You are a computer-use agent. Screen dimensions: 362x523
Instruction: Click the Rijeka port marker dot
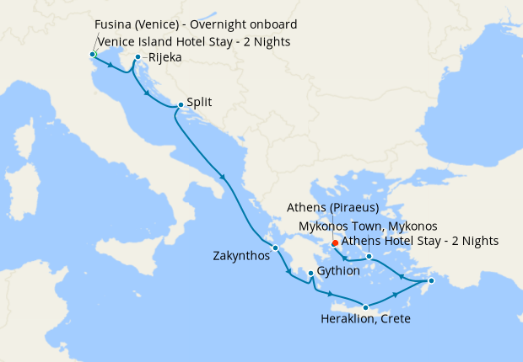pyautogui.click(x=137, y=58)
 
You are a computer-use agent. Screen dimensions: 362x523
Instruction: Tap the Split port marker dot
pyautogui.click(x=181, y=105)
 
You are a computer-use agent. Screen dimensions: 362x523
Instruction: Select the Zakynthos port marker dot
pyautogui.click(x=275, y=248)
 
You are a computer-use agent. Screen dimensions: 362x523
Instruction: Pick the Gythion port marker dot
pyautogui.click(x=311, y=274)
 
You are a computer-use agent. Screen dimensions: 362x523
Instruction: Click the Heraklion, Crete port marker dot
pyautogui.click(x=365, y=307)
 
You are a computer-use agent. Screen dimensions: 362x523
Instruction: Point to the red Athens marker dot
pyautogui.click(x=335, y=243)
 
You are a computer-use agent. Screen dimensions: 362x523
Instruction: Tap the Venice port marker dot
pyautogui.click(x=92, y=54)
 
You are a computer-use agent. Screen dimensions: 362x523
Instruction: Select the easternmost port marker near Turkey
pyautogui.click(x=430, y=281)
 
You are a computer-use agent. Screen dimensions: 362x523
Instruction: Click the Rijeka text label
pyautogui.click(x=164, y=58)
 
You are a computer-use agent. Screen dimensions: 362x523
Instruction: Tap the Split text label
pyautogui.click(x=199, y=103)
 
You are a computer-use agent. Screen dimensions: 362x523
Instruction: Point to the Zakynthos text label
pyautogui.click(x=240, y=256)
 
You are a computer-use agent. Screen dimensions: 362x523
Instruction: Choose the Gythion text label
pyautogui.click(x=339, y=272)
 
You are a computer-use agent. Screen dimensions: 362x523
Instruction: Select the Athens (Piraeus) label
pyautogui.click(x=331, y=208)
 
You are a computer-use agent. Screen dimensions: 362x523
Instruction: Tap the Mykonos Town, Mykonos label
pyautogui.click(x=369, y=226)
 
